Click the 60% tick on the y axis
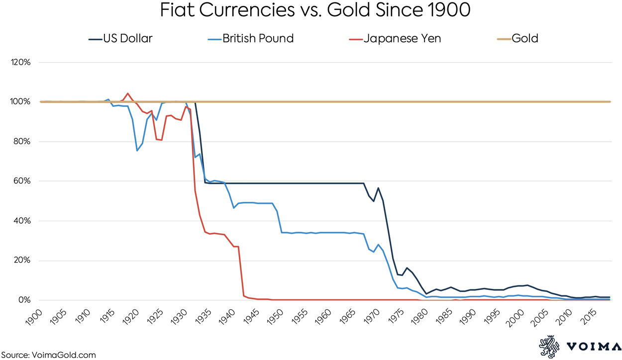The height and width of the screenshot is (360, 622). point(22,181)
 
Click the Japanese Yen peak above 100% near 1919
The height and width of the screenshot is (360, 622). point(128,93)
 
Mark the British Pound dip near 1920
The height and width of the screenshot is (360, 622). point(137,150)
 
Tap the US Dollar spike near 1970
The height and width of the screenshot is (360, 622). point(378,188)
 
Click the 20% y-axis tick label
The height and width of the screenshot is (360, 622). point(22,261)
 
